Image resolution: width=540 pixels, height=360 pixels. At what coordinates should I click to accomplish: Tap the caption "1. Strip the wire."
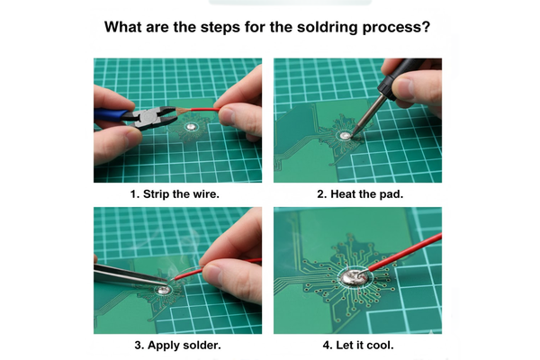coord(175,194)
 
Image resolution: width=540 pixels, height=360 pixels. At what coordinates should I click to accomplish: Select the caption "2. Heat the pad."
coord(360,194)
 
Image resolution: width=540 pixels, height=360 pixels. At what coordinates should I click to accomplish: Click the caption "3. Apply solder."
coord(177,345)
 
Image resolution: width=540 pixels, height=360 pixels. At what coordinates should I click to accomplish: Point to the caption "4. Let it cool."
coord(358,345)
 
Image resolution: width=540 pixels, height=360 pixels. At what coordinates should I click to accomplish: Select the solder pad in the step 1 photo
coord(191,127)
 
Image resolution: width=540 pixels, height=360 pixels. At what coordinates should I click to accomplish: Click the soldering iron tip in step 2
coord(354,133)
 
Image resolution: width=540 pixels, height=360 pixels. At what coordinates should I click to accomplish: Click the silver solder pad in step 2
coord(345,136)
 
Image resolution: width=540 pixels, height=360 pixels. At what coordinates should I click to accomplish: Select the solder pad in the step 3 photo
coord(164,290)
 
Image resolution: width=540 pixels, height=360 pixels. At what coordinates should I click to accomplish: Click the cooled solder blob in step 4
coord(355,278)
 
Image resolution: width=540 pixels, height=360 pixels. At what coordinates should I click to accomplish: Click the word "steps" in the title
coord(220,28)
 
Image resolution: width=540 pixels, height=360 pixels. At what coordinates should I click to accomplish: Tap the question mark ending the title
coord(427,26)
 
